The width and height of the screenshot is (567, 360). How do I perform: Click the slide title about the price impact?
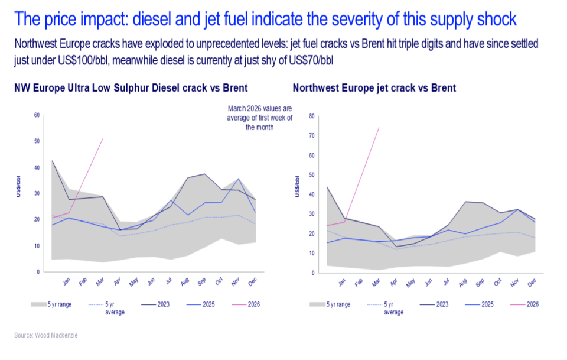click(265, 20)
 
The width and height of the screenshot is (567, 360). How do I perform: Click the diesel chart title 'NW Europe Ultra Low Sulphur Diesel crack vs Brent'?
click(131, 88)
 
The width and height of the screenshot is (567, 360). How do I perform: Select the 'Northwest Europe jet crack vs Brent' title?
click(374, 88)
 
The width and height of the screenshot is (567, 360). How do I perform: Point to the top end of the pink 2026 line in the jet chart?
click(379, 127)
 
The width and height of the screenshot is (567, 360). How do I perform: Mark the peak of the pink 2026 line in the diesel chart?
click(103, 138)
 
